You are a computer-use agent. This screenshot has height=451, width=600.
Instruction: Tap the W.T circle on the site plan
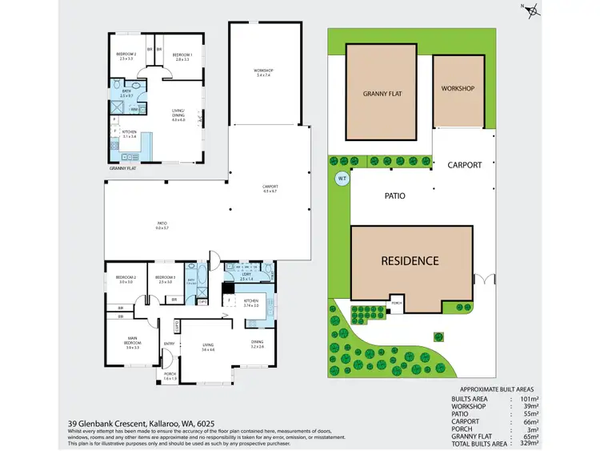tap(342, 179)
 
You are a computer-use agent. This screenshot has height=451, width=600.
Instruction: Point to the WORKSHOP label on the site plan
tap(458, 88)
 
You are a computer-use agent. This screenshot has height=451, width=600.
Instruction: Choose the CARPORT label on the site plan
tap(465, 165)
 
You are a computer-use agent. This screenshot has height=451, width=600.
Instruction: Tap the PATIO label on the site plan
tap(394, 195)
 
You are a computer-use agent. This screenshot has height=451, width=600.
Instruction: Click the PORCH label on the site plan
tap(395, 303)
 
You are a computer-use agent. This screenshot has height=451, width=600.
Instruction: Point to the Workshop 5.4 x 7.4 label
tap(264, 73)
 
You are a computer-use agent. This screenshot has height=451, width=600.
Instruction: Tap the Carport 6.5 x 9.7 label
tap(270, 190)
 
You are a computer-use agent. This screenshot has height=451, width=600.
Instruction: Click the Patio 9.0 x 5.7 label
tap(162, 227)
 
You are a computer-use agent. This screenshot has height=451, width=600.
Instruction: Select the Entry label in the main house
tap(169, 344)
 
